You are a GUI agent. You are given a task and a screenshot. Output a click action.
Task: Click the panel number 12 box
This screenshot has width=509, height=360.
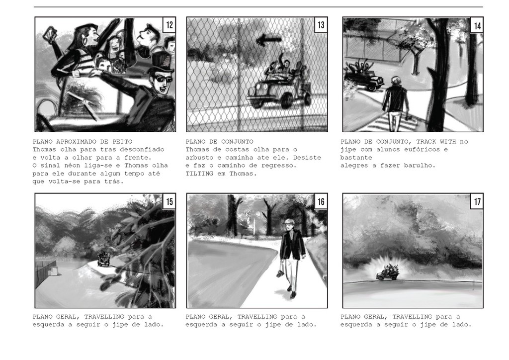coord(170,25)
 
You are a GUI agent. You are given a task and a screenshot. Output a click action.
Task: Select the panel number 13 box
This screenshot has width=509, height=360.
coord(321,25)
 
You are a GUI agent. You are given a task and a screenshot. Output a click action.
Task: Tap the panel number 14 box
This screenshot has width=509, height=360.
coord(477,25)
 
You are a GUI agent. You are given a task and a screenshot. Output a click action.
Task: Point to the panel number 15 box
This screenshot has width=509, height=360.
coord(170,201)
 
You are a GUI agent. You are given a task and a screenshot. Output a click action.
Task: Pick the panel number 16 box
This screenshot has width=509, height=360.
coord(321,201)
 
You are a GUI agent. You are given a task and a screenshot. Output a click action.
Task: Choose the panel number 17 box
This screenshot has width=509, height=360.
coord(477,201)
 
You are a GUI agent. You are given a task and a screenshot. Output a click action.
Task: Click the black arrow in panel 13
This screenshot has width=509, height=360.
coord(269,40)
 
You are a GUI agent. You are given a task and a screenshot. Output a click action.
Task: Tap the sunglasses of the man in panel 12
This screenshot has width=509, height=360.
coord(161,79)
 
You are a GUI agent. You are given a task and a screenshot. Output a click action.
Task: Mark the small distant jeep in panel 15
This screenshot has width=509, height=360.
coord(104,259)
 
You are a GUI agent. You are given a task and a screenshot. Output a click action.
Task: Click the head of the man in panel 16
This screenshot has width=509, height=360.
coord(289,225)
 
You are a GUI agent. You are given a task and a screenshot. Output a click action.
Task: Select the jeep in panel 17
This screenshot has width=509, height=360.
coord(388,272)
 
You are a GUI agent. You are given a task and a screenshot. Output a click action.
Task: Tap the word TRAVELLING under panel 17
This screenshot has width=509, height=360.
coord(412,317)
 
